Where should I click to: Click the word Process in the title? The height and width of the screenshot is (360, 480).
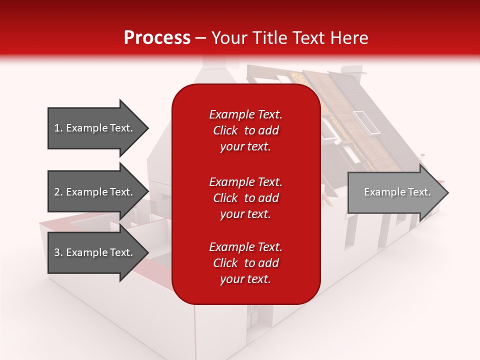(x=157, y=38)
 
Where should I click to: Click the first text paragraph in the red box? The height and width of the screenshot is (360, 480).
(x=245, y=130)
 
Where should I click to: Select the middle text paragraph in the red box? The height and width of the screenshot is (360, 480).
(x=245, y=198)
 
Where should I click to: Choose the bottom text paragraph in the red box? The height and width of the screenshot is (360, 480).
(x=245, y=263)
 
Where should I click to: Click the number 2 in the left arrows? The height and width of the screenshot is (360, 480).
(x=57, y=192)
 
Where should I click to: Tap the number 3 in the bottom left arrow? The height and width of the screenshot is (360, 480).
(x=57, y=252)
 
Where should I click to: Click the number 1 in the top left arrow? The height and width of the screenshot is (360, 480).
(x=57, y=128)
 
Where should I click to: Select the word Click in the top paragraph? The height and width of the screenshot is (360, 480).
(x=225, y=130)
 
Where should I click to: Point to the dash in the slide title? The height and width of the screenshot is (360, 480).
(x=200, y=38)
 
